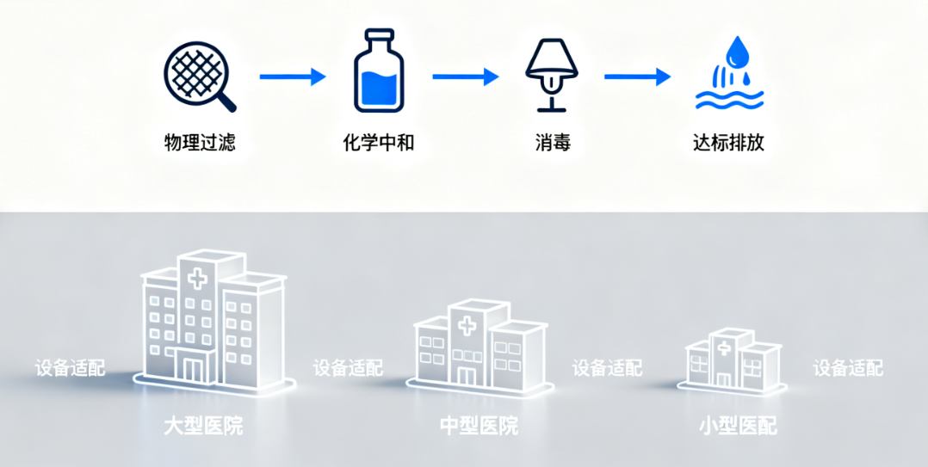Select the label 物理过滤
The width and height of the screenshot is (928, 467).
tap(200, 143)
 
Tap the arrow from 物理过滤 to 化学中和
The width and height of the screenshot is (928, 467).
tap(292, 77)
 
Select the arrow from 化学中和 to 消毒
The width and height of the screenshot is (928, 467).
tap(465, 77)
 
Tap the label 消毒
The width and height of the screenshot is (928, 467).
tap(552, 143)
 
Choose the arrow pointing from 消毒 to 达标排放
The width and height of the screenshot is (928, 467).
tap(637, 77)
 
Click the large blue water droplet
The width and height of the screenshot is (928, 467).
tap(737, 53)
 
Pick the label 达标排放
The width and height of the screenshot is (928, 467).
tap(728, 143)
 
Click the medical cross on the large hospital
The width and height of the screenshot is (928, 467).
tap(198, 278)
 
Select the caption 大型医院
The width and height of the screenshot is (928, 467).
tap(203, 425)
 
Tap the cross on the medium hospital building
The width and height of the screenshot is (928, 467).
tap(467, 326)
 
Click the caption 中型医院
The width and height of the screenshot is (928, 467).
tap(479, 425)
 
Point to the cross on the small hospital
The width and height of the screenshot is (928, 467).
tap(724, 347)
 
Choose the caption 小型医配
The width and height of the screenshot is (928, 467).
tap(738, 425)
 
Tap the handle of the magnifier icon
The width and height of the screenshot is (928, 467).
tap(226, 103)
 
